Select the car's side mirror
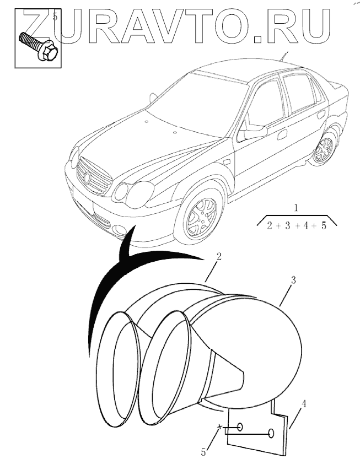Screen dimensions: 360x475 (255, 132)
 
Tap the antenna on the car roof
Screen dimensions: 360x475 (284, 56)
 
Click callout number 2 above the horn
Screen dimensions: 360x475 (219, 257)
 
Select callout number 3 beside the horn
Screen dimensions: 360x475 (293, 280)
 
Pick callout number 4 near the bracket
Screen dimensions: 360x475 (304, 404)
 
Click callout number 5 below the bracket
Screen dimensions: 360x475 (203, 452)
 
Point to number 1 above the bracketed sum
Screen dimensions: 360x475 (297, 208)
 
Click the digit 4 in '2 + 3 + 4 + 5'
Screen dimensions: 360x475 (310, 225)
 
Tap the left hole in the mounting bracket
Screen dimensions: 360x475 (241, 427)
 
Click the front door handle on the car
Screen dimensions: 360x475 (282, 134)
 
